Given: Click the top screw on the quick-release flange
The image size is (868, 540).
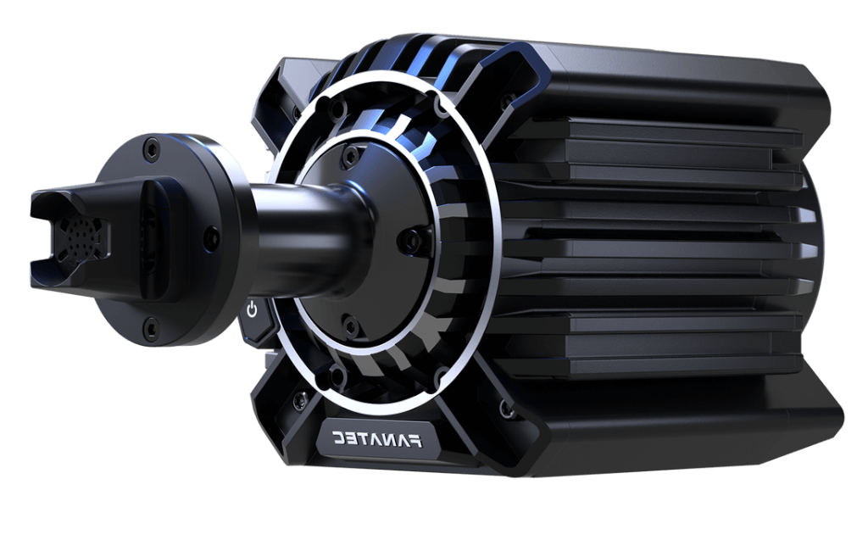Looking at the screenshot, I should pyautogui.click(x=151, y=148).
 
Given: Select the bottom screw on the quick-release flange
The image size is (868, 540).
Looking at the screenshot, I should pyautogui.click(x=150, y=324).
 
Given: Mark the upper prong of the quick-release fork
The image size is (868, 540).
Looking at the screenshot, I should pyautogui.click(x=68, y=201).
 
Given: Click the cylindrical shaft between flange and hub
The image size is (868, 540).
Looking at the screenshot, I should pyautogui.click(x=297, y=225).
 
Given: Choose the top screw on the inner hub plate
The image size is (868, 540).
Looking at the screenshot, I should pyautogui.click(x=346, y=155).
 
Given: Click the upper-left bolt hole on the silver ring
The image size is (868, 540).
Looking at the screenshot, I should pyautogui.click(x=337, y=110).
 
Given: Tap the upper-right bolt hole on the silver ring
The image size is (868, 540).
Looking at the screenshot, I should pyautogui.click(x=440, y=109).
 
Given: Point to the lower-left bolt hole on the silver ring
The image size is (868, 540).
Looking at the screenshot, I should pyautogui.click(x=337, y=373).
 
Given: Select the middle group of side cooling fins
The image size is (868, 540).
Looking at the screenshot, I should pyautogui.click(x=661, y=254).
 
